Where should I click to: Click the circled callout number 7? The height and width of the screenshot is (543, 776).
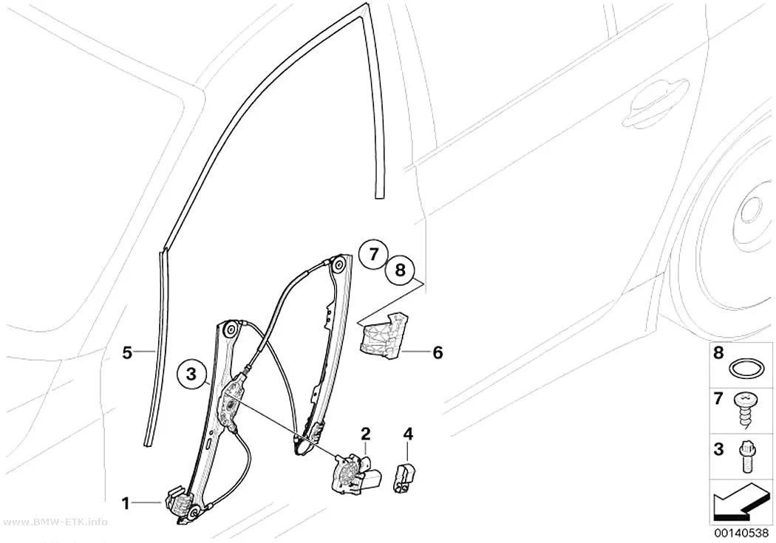tap(373, 255)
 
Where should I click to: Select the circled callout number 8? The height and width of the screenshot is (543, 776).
tap(401, 270)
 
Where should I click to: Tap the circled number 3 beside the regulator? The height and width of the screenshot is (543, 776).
tap(191, 374)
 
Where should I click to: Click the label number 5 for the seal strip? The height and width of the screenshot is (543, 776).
tap(128, 353)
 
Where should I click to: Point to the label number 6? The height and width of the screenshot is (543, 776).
tap(438, 353)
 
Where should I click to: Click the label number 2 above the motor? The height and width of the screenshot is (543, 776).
tap(365, 434)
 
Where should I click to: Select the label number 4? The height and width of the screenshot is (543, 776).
tap(408, 434)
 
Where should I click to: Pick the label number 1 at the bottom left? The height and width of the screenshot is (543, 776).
tap(126, 504)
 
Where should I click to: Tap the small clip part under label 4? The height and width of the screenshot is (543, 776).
tap(404, 479)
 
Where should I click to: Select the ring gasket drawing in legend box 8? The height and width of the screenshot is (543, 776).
tap(743, 369)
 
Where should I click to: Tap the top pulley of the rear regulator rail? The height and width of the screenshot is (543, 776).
tap(339, 265)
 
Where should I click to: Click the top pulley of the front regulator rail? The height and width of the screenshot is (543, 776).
tap(230, 329)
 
